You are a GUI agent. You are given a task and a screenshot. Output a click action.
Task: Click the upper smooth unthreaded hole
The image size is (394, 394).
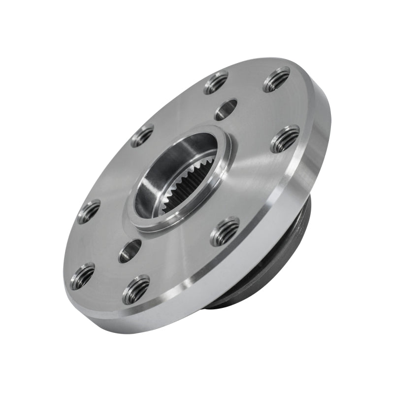click(226, 109)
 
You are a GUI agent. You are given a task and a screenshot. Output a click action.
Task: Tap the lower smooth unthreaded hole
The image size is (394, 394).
click(130, 251)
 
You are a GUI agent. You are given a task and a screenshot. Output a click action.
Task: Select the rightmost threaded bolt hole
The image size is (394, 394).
click(285, 139)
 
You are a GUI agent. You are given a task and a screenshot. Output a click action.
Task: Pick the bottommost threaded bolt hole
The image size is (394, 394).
click(136, 290)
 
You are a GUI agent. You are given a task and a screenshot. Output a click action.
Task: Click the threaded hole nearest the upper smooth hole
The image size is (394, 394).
click(216, 82)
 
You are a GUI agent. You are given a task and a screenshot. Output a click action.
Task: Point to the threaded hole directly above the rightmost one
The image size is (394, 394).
click(276, 80)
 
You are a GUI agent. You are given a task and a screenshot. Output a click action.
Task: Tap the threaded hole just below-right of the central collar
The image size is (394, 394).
click(225, 231)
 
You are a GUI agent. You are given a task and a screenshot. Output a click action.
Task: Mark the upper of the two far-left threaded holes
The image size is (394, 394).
click(89, 211)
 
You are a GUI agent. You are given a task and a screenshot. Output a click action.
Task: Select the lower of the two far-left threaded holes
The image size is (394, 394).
click(83, 276)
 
